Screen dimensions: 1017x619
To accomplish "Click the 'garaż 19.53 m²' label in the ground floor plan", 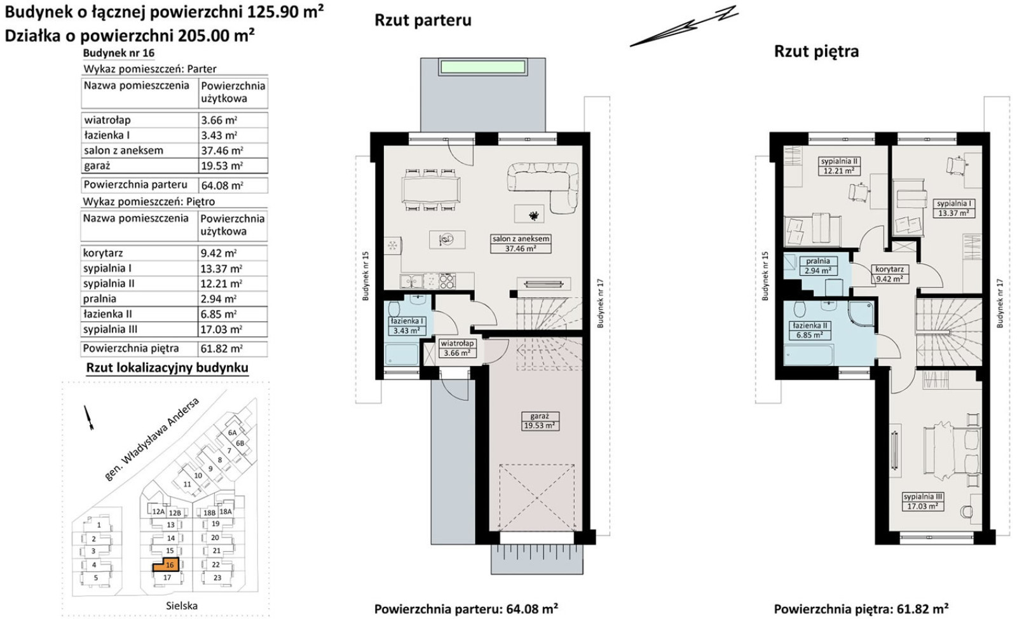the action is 540,421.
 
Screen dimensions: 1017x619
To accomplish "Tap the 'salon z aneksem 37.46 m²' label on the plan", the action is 521,243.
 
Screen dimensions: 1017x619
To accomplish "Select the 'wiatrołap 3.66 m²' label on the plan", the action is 457,348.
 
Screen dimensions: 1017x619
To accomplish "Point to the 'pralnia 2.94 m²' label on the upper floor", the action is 818,266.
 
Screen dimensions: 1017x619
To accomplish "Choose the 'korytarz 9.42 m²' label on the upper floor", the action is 889,274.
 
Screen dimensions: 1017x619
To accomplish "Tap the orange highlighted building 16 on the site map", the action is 166,564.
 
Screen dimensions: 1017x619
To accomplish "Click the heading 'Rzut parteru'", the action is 423,20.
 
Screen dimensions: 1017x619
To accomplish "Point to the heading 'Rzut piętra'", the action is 816,51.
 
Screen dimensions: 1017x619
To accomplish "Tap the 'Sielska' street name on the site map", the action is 182,606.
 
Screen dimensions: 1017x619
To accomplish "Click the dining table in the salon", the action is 431,189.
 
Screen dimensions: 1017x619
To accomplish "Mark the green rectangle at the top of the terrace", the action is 482,68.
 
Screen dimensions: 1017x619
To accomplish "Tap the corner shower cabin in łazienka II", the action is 859,313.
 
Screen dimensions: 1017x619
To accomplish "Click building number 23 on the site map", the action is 217,578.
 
